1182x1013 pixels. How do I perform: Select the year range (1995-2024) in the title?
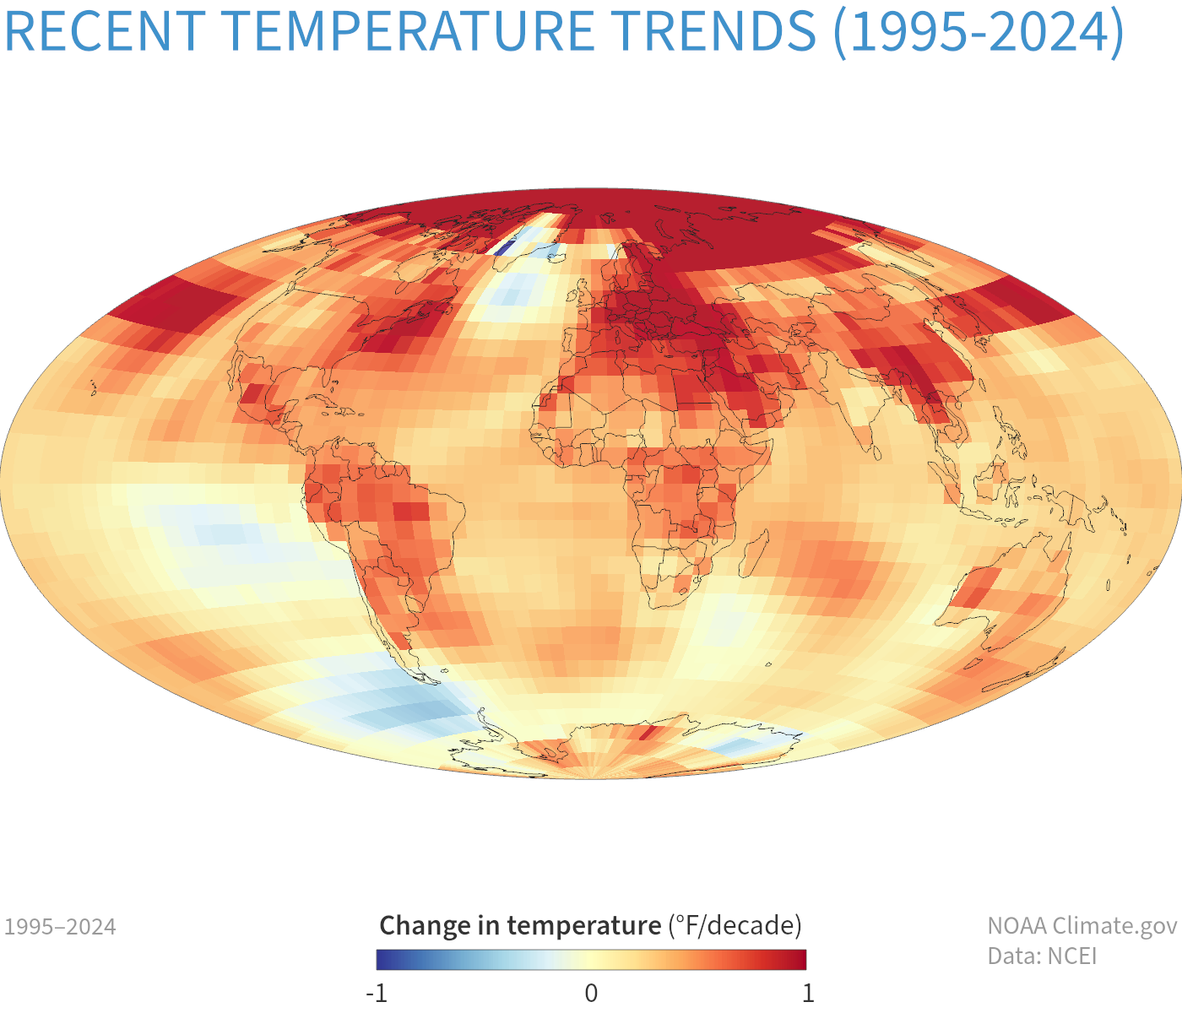(x=979, y=32)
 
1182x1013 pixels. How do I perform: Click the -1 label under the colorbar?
(x=377, y=993)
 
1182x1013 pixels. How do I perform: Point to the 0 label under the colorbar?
(x=591, y=993)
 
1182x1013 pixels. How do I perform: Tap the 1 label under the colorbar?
(x=808, y=993)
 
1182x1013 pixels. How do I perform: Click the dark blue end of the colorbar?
(x=382, y=960)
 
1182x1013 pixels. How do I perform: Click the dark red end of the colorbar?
(x=800, y=960)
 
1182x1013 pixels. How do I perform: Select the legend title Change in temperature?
(x=520, y=926)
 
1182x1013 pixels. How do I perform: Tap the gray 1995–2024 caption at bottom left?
(x=60, y=927)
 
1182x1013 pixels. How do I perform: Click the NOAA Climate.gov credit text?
(x=1082, y=926)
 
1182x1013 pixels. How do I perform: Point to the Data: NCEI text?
(x=1042, y=956)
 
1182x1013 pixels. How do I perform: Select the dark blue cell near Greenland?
(x=504, y=248)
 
